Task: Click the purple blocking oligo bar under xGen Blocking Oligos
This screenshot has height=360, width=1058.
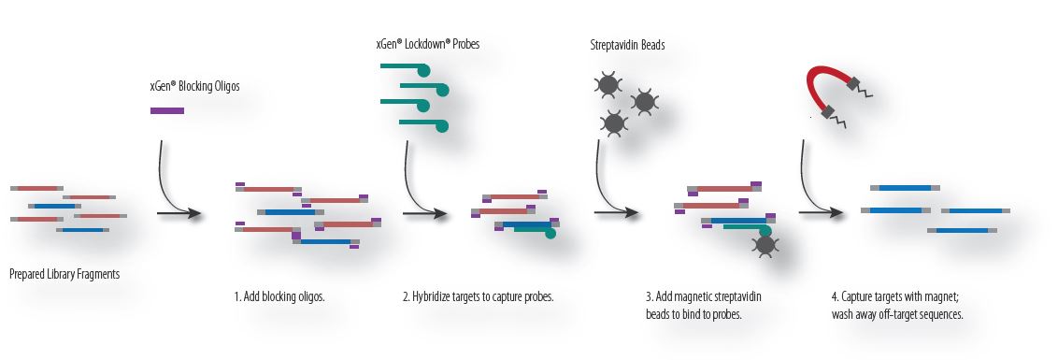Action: pyautogui.click(x=167, y=111)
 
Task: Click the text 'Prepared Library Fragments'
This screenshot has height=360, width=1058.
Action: pyautogui.click(x=64, y=275)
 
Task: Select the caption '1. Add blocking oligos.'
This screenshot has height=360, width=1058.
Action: pyautogui.click(x=279, y=297)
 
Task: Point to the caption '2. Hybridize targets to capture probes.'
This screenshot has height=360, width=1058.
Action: pyautogui.click(x=479, y=297)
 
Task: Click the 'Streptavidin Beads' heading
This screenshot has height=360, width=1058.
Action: pyautogui.click(x=628, y=45)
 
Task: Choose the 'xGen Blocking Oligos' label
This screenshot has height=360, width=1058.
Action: pyautogui.click(x=189, y=86)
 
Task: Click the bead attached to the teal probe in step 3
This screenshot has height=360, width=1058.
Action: pyautogui.click(x=765, y=245)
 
